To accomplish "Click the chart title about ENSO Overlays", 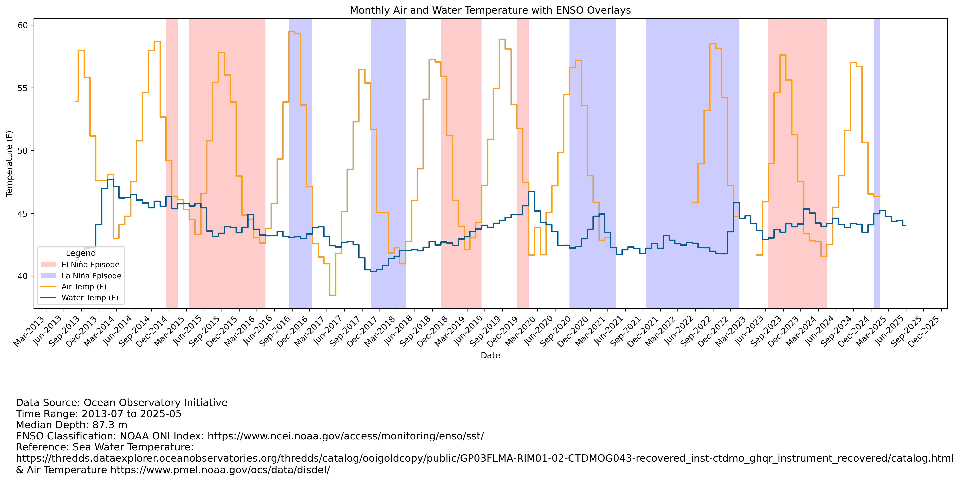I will (x=490, y=10).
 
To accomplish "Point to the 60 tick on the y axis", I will (x=23, y=25).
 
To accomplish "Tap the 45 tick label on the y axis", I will (x=23, y=214).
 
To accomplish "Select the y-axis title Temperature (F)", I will (x=9, y=163).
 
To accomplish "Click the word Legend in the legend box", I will (x=81, y=253).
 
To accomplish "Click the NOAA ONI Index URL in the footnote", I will (x=346, y=436).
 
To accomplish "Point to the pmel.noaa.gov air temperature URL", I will (x=220, y=470).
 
